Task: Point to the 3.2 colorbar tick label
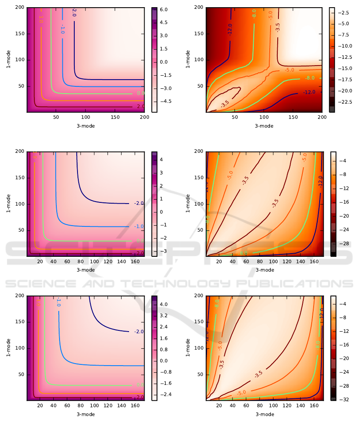tap(164, 316)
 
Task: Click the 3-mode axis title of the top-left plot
tap(86, 126)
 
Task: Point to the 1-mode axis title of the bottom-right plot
tap(187, 348)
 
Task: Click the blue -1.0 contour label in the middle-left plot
tap(139, 226)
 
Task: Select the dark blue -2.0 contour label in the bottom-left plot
tap(139, 332)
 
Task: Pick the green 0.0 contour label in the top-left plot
tap(140, 94)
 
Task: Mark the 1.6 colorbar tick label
tap(164, 338)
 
